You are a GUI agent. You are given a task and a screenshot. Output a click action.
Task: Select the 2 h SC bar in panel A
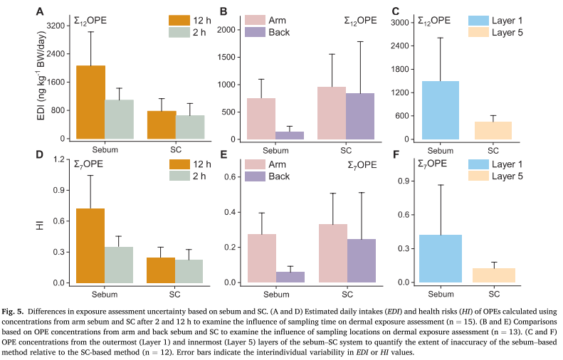pos(190,127)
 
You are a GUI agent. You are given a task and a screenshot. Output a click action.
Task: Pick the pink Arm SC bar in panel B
pos(331,113)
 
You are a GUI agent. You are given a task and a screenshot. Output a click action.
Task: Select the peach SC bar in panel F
pos(493,275)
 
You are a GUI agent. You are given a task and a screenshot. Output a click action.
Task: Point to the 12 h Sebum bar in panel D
pos(91,245)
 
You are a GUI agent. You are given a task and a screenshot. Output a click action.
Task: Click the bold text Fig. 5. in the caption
pos(20,310)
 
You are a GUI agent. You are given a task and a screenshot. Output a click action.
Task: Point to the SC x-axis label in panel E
pos(346,293)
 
